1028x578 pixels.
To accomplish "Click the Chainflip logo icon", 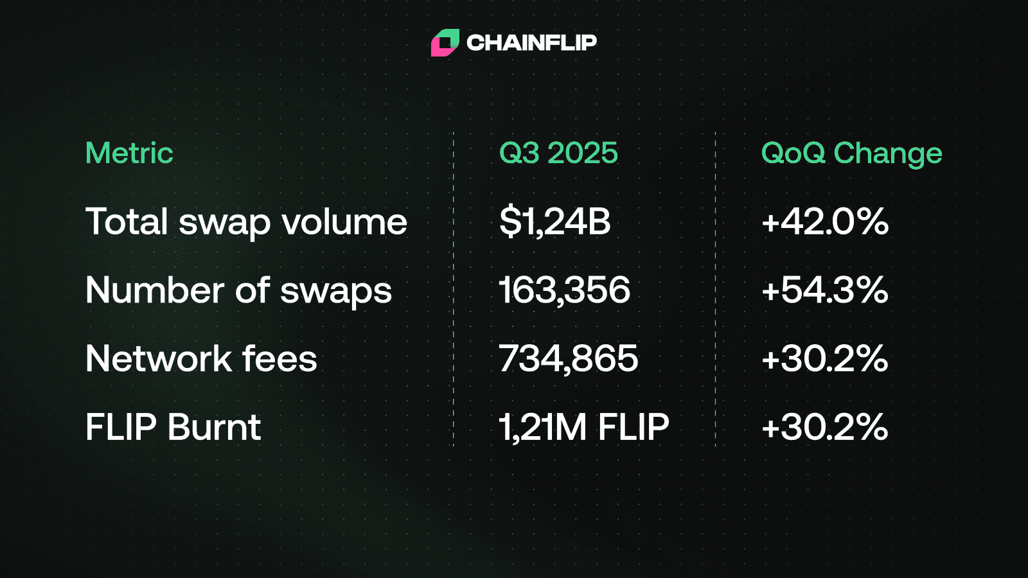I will coord(445,42).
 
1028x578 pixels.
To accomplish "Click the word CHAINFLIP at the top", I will coord(531,42).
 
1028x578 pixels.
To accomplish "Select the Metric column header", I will coord(129,153).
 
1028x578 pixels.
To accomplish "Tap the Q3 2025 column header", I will coord(558,153).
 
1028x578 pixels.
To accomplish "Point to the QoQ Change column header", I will coord(851,153).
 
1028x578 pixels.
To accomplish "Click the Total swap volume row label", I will coord(246,222).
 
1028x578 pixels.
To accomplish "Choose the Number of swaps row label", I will coord(238,290).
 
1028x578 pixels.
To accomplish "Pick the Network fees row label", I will coord(201,358).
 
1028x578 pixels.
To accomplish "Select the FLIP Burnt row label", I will coord(173,427).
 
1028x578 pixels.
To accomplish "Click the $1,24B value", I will coord(554,222).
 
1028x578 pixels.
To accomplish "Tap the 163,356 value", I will coord(565,290).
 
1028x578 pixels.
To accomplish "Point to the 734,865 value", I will coord(569,358).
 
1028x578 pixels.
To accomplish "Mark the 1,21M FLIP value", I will coord(584,427).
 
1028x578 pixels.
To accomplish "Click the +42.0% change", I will coord(825,222).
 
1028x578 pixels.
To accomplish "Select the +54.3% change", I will coord(825,290).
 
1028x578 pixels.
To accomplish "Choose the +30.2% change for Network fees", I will coord(825,358).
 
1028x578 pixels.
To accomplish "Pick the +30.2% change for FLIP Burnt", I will coord(825,427).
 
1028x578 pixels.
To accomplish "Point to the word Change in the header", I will coord(888,153).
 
